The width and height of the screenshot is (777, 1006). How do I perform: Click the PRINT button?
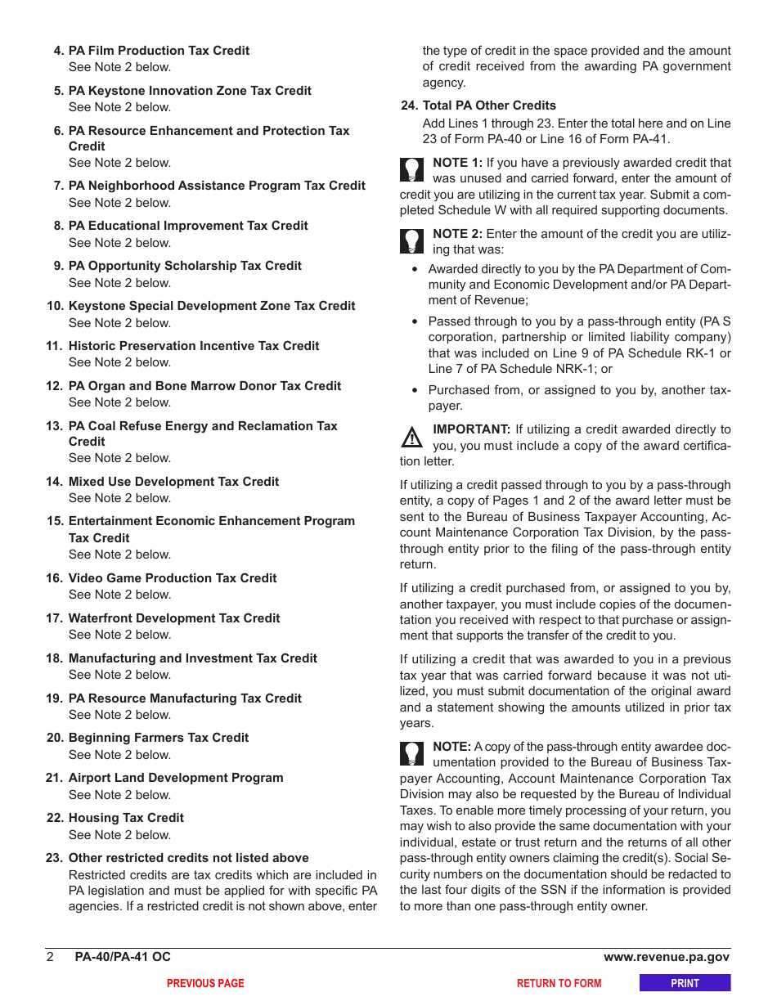click(x=685, y=983)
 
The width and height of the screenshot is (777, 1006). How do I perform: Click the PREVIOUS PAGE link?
click(x=205, y=984)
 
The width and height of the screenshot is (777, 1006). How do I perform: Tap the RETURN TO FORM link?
click(x=559, y=984)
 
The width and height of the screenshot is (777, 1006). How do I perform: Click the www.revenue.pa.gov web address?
click(x=667, y=957)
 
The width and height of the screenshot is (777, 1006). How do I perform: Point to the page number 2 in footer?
click(x=50, y=957)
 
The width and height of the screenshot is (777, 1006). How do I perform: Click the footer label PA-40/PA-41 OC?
click(x=123, y=957)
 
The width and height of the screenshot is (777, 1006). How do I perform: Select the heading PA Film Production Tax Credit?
click(x=159, y=51)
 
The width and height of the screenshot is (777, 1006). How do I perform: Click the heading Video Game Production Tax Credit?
click(x=173, y=578)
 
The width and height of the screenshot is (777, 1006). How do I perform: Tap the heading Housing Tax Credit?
click(x=126, y=818)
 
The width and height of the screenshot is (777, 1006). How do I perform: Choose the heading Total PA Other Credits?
click(x=489, y=106)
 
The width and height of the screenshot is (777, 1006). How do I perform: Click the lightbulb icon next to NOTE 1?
click(x=411, y=169)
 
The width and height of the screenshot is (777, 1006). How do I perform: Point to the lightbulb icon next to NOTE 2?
click(x=411, y=240)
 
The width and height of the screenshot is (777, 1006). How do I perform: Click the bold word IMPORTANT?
click(x=472, y=429)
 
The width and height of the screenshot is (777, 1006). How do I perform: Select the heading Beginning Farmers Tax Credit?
click(x=159, y=738)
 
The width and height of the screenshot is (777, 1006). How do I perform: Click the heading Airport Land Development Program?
click(x=176, y=778)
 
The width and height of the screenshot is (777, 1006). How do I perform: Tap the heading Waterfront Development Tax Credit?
click(x=174, y=618)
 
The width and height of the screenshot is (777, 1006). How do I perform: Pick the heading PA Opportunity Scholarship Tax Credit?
click(x=185, y=266)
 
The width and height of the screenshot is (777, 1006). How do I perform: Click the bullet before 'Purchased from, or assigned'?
click(x=416, y=391)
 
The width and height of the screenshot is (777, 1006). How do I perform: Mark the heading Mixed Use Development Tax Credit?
click(x=173, y=482)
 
